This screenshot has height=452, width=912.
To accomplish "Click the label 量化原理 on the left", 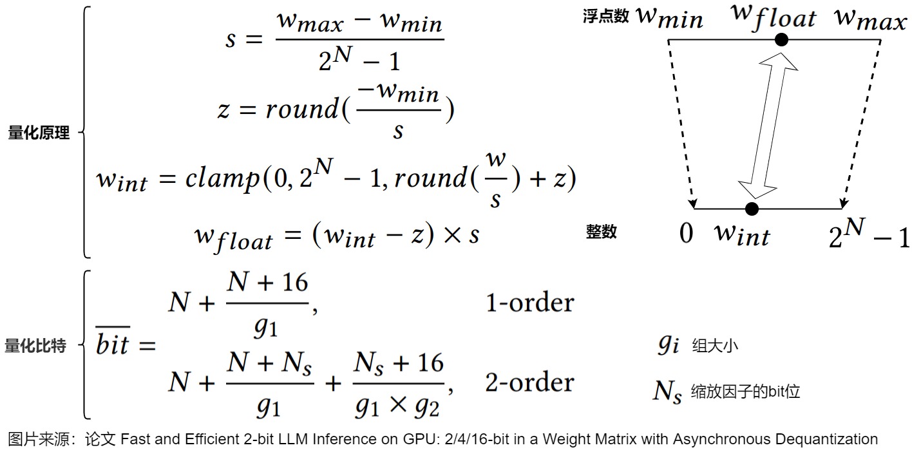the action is point(39,133).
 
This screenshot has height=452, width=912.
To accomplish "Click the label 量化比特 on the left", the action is point(35,346).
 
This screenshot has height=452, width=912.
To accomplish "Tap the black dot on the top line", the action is point(781,40).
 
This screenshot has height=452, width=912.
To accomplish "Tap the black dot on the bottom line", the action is point(751,209).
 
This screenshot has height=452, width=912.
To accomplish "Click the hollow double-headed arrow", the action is point(768,125).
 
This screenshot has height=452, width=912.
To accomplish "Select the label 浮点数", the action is point(605,17).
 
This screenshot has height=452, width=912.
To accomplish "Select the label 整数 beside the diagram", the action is point(602,232).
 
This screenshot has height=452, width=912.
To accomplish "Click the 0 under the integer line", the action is point(687,233).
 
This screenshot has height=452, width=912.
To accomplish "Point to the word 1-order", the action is point(529,303).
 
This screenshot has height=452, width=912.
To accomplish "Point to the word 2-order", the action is point(529,382).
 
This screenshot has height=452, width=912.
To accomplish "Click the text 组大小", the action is point(715,346).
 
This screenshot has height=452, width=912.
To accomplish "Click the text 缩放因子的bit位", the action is point(745,391).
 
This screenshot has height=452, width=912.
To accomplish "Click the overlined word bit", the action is point(113,346).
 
